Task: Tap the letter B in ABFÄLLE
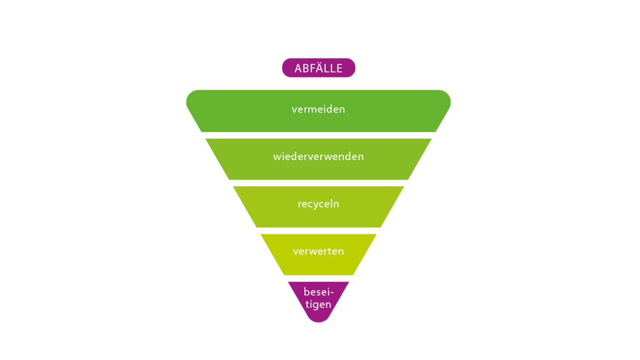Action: (305, 68)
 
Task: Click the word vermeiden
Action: (318, 109)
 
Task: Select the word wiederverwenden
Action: (318, 157)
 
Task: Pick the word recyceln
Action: (318, 204)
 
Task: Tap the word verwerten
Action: (318, 251)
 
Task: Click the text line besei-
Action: (318, 291)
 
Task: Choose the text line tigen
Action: (318, 304)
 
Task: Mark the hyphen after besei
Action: (332, 292)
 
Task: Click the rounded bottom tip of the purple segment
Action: (318, 320)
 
